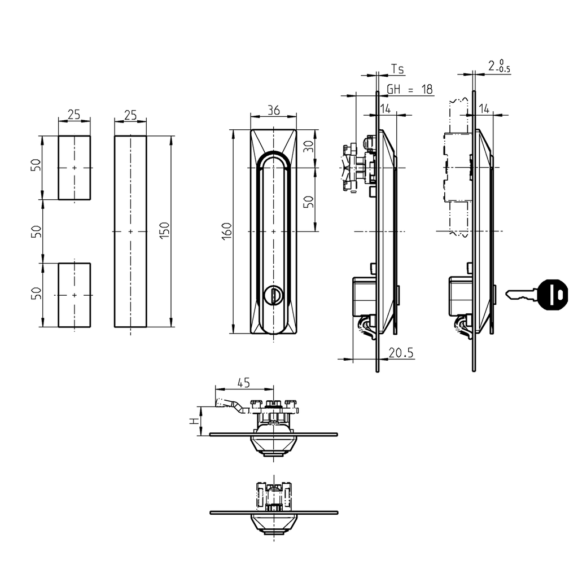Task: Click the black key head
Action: (x=553, y=294)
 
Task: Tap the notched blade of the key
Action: (x=521, y=294)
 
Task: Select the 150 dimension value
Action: (x=165, y=231)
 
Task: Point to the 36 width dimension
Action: (x=273, y=111)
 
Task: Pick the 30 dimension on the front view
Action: (x=308, y=148)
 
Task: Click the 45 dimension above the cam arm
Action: (x=243, y=383)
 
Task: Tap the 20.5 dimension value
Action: (x=401, y=353)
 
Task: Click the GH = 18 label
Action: (x=410, y=90)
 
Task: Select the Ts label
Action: (x=397, y=69)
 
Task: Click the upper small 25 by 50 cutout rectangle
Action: (x=74, y=168)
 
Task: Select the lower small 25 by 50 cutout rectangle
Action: (x=74, y=295)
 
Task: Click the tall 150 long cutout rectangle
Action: (x=130, y=231)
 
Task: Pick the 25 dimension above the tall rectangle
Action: (x=130, y=115)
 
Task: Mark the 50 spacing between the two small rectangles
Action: (x=37, y=231)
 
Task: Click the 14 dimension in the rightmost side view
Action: (x=484, y=108)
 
